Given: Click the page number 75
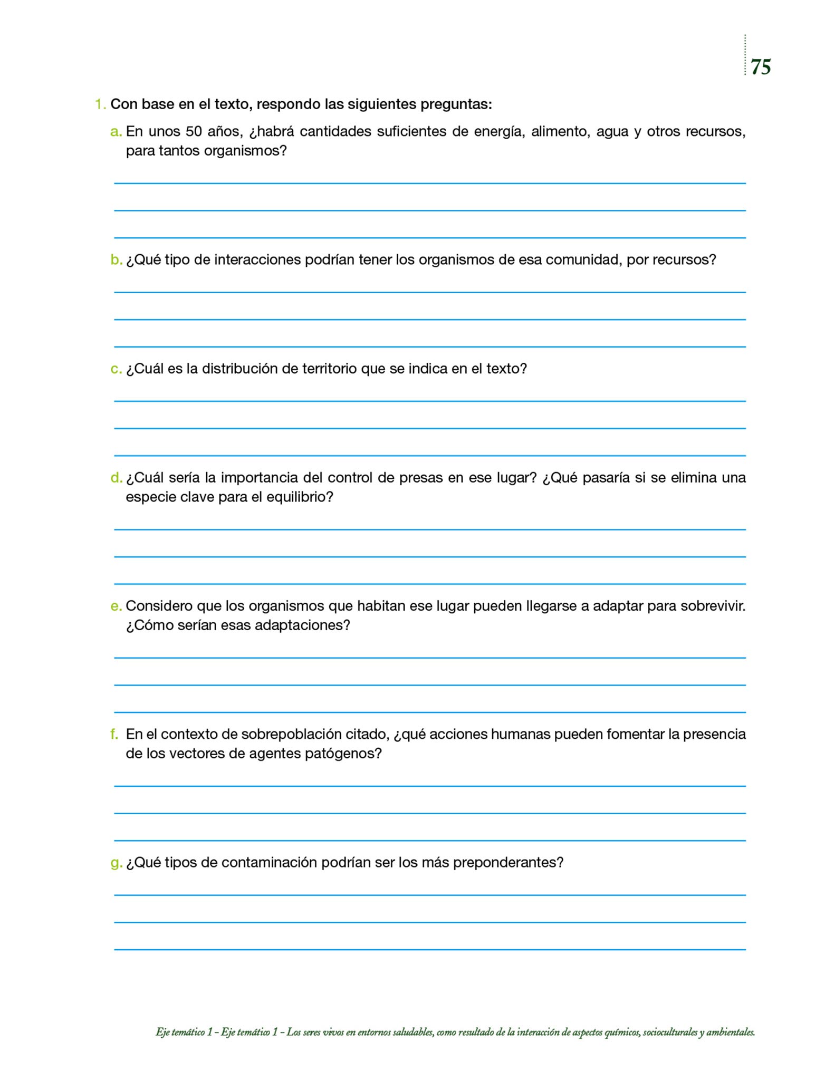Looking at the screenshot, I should (761, 67).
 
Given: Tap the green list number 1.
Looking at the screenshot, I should (100, 104).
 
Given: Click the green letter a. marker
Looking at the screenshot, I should (116, 132).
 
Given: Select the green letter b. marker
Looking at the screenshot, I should (116, 260).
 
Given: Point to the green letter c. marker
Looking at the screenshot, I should (116, 369).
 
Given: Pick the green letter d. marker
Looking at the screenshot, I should (116, 478).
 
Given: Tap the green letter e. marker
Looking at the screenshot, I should (116, 606).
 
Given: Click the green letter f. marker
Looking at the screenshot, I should (114, 734).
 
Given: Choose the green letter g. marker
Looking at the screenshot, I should (116, 863).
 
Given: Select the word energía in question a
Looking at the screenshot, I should (499, 132).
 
